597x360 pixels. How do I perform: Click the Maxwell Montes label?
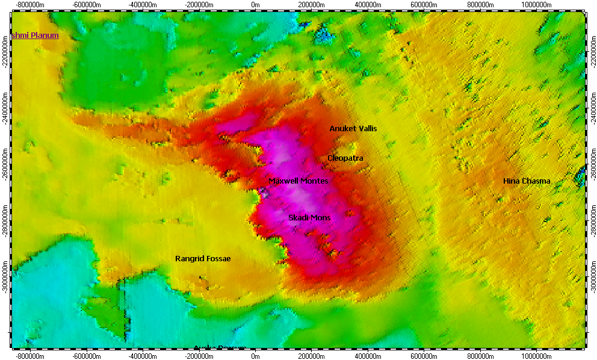click(298, 181)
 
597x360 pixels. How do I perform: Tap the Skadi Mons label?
click(309, 217)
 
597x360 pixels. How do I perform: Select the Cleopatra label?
click(345, 158)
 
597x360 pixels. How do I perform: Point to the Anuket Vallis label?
click(353, 129)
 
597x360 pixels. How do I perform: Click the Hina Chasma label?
click(527, 181)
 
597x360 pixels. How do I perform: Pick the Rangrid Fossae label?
click(203, 259)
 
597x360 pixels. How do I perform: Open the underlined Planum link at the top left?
click(35, 36)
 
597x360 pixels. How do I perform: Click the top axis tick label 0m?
click(255, 4)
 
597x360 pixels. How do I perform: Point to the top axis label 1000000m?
click(536, 4)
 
